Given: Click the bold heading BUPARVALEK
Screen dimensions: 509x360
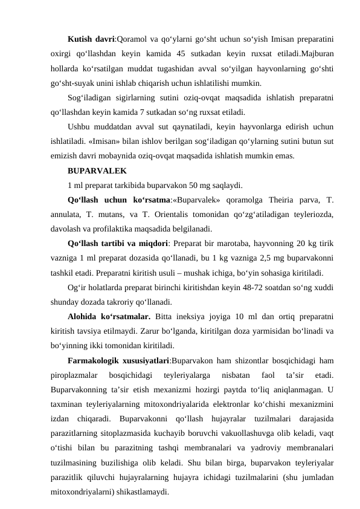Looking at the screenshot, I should click(97, 171).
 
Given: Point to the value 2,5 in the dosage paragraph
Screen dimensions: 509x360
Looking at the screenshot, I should click(229, 259).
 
